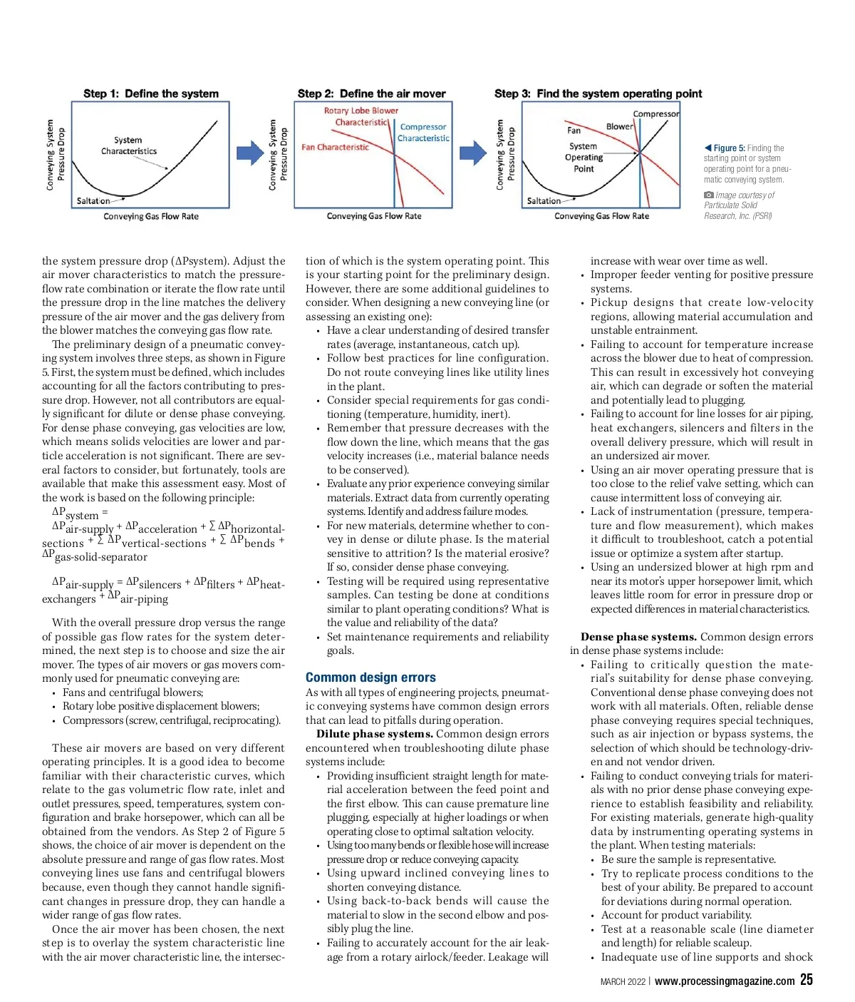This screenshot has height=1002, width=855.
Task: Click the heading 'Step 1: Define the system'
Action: pyautogui.click(x=151, y=93)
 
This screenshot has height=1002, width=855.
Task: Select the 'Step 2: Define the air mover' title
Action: pyautogui.click(x=371, y=93)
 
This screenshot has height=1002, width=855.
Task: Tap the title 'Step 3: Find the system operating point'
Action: pyautogui.click(x=598, y=93)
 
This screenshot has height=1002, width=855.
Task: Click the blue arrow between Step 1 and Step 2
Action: pyautogui.click(x=250, y=153)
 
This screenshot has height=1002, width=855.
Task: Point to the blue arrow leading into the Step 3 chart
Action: pyautogui.click(x=472, y=153)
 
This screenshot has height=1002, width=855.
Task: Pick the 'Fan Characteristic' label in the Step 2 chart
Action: pyautogui.click(x=335, y=148)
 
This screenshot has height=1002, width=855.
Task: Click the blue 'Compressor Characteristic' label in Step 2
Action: pyautogui.click(x=423, y=133)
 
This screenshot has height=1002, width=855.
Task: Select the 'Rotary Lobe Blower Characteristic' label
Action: pyautogui.click(x=361, y=116)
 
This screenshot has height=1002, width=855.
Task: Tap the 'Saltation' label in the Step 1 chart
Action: pyautogui.click(x=93, y=201)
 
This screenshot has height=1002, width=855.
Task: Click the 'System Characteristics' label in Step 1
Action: pyautogui.click(x=128, y=145)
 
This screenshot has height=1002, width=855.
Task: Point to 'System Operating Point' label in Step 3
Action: pyautogui.click(x=584, y=158)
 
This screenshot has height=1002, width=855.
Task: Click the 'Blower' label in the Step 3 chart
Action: pyautogui.click(x=619, y=126)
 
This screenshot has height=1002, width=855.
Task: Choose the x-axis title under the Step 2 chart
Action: pyautogui.click(x=374, y=216)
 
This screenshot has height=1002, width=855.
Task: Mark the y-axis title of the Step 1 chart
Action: pyautogui.click(x=55, y=155)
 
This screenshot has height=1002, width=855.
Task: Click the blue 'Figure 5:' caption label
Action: pyautogui.click(x=729, y=148)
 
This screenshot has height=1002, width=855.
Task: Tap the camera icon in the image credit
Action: pyautogui.click(x=708, y=195)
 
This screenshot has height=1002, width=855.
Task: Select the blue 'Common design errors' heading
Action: pyautogui.click(x=370, y=678)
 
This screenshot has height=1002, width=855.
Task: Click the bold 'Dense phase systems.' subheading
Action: pyautogui.click(x=638, y=637)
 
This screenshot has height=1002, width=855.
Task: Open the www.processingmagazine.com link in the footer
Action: pyautogui.click(x=724, y=981)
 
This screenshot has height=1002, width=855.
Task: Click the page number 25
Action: pyautogui.click(x=806, y=980)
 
